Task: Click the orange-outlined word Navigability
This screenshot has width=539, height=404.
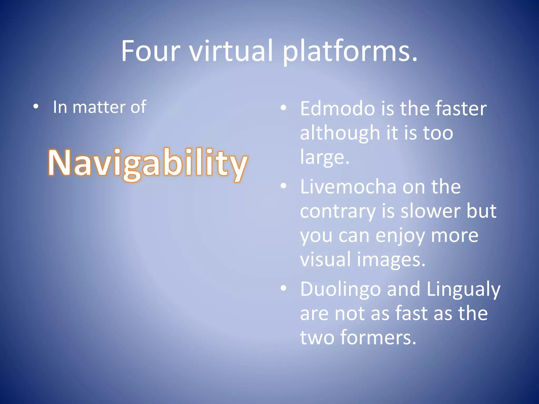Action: [148, 163]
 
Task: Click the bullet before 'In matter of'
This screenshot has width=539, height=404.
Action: [36, 107]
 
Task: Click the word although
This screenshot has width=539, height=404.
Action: [340, 133]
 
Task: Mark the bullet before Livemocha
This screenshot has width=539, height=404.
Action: [283, 186]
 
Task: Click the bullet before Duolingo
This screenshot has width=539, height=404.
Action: [283, 288]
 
